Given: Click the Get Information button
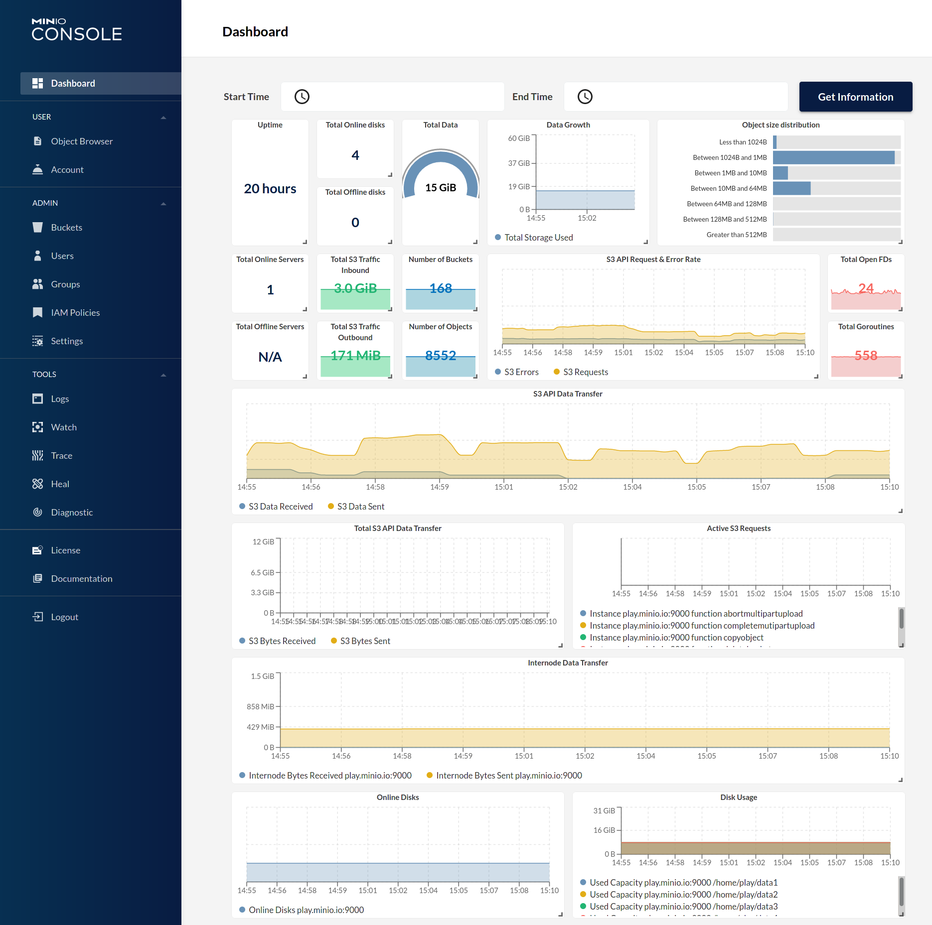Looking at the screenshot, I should click(x=855, y=97).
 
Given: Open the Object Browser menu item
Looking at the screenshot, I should click(x=82, y=141).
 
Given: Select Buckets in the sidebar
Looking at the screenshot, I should click(x=66, y=228).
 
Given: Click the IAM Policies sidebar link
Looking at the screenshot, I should click(x=75, y=313).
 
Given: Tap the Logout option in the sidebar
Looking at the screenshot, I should click(x=64, y=617).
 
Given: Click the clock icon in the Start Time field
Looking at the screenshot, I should click(x=302, y=97).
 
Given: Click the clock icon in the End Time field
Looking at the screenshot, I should click(x=585, y=97).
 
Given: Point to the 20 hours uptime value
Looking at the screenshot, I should click(x=270, y=189).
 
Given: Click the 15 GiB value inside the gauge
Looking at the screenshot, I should click(x=441, y=188).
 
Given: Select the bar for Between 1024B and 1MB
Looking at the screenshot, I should click(x=833, y=158).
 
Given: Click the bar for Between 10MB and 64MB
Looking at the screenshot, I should click(x=791, y=189).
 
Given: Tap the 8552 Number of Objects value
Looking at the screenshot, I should click(x=441, y=356).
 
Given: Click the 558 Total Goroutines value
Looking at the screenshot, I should click(x=866, y=356).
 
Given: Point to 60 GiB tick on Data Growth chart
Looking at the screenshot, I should click(x=519, y=138).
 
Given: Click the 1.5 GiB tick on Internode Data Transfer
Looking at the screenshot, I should click(x=262, y=676).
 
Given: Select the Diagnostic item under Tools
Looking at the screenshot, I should click(x=72, y=513).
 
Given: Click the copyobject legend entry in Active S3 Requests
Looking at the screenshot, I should click(x=676, y=638).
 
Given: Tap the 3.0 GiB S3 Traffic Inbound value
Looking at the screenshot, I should click(x=355, y=288).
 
